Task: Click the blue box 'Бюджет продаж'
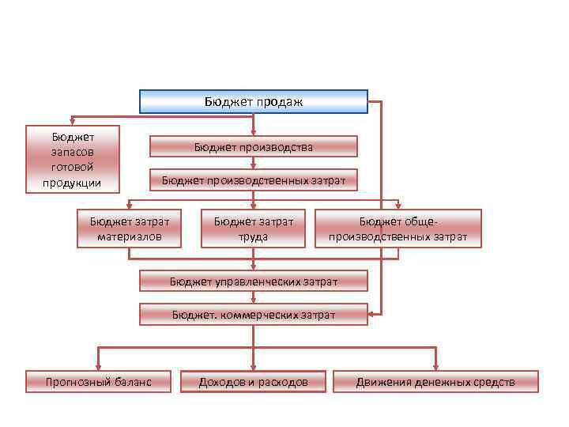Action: (x=254, y=102)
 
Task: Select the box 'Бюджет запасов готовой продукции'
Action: (x=72, y=159)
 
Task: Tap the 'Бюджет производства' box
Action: (x=253, y=146)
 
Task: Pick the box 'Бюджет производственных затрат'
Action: (x=253, y=180)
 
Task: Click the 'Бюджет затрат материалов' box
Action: (x=129, y=229)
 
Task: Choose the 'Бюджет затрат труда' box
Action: (x=253, y=229)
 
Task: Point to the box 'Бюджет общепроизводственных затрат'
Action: (x=398, y=229)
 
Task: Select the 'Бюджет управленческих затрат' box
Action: (x=253, y=281)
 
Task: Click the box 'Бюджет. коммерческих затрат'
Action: (x=253, y=315)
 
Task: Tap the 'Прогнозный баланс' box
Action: (x=98, y=382)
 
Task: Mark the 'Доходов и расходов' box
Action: (x=253, y=382)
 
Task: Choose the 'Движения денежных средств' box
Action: (x=435, y=382)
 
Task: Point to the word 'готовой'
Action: (x=72, y=167)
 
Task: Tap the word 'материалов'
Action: (x=129, y=236)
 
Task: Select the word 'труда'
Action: (x=253, y=236)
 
